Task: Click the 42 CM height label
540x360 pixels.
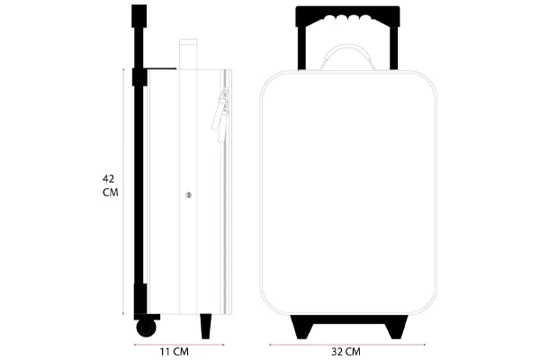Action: point(110,185)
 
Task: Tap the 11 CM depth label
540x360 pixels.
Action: point(175,352)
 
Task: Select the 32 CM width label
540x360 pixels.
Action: point(346,352)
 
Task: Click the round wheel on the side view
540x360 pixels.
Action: point(146,328)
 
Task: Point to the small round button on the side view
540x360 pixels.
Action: point(188,195)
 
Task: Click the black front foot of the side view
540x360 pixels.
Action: point(206,326)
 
